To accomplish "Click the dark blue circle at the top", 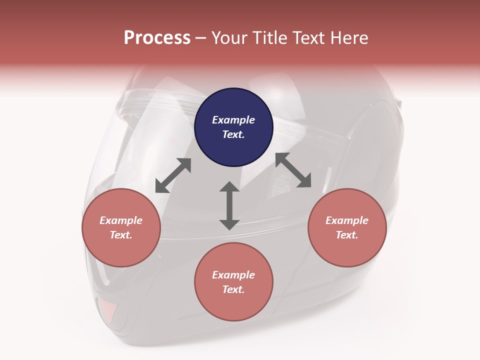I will pyautogui.click(x=233, y=127).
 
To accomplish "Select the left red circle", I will pyautogui.click(x=121, y=228).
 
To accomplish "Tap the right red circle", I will pyautogui.click(x=347, y=228).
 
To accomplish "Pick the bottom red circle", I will pyautogui.click(x=233, y=282).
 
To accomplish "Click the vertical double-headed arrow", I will pyautogui.click(x=229, y=205).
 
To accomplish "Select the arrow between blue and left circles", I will pyautogui.click(x=173, y=175).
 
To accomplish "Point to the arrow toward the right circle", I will pyautogui.click(x=293, y=170).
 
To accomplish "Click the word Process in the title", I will pyautogui.click(x=157, y=37).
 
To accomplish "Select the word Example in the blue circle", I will pyautogui.click(x=233, y=120).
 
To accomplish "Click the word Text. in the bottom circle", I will pyautogui.click(x=233, y=289).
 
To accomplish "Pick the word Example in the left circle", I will pyautogui.click(x=121, y=220).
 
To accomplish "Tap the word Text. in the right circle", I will pyautogui.click(x=347, y=235).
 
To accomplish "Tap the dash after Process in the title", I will pyautogui.click(x=200, y=38).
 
